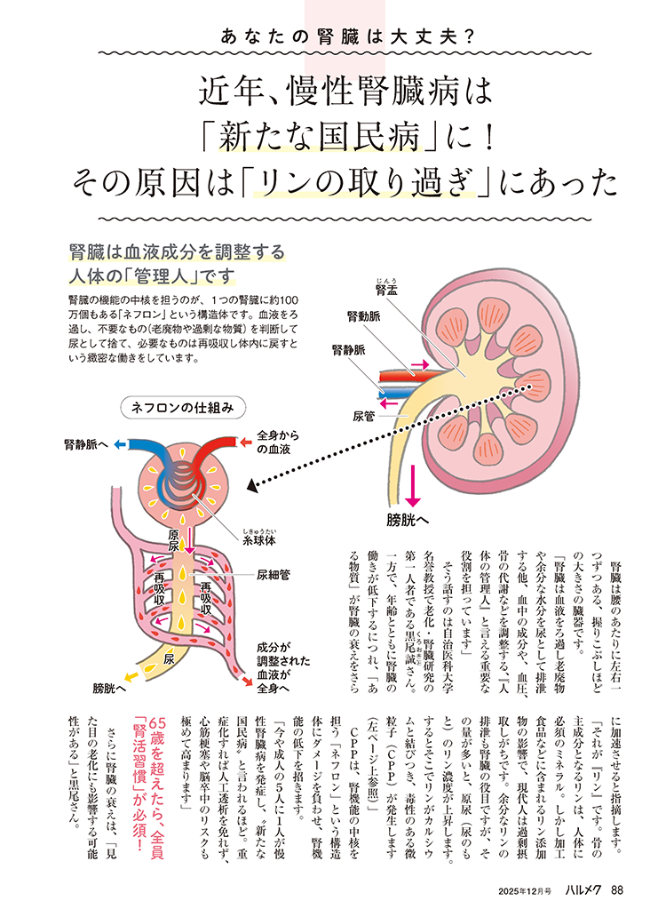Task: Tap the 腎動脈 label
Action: [x=365, y=316]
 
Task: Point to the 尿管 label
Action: [x=365, y=415]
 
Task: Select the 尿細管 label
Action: [x=274, y=575]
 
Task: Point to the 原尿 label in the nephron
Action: [x=180, y=539]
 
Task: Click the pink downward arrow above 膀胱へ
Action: [x=412, y=488]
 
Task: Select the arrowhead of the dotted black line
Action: [x=252, y=486]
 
